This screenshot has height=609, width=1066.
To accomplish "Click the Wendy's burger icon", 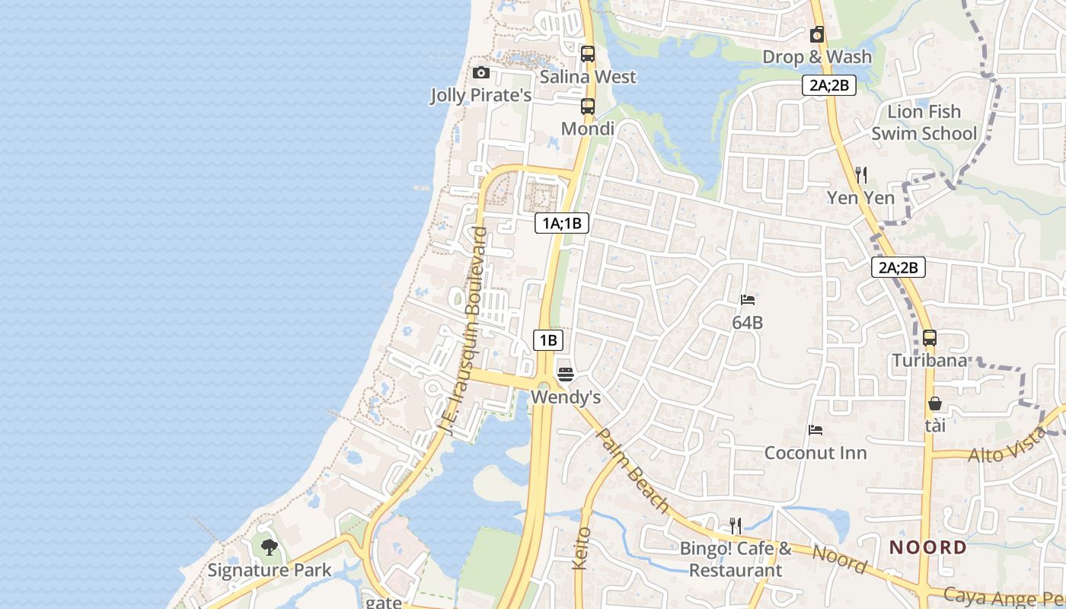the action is click(x=565, y=374).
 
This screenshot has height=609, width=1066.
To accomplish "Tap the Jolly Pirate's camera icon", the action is click(x=480, y=73).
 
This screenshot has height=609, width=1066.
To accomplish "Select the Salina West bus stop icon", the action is click(x=587, y=54).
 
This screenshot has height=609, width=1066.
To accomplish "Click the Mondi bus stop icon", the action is click(x=587, y=107).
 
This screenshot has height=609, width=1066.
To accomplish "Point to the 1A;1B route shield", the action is click(x=562, y=223).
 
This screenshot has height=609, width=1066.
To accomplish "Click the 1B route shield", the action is click(x=547, y=340).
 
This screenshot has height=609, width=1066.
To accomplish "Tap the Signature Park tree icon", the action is click(x=269, y=547).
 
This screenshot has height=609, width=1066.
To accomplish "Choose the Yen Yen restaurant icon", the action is click(x=860, y=175).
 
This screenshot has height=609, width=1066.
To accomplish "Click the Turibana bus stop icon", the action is click(x=929, y=338).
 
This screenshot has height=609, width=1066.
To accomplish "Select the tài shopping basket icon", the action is click(x=934, y=403).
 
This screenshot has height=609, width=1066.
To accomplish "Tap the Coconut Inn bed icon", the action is click(x=815, y=430).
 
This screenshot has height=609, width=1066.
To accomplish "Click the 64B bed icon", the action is click(x=747, y=300).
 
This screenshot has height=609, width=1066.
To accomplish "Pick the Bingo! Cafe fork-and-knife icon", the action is click(x=735, y=525).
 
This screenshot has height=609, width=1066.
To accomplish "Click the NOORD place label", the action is click(x=927, y=547).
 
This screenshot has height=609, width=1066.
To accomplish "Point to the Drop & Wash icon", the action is click(x=817, y=34).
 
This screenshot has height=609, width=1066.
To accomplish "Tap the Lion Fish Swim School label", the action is click(x=924, y=123).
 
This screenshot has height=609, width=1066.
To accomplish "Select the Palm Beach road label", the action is click(x=632, y=470).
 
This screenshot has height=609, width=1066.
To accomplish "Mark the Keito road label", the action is click(x=582, y=548).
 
